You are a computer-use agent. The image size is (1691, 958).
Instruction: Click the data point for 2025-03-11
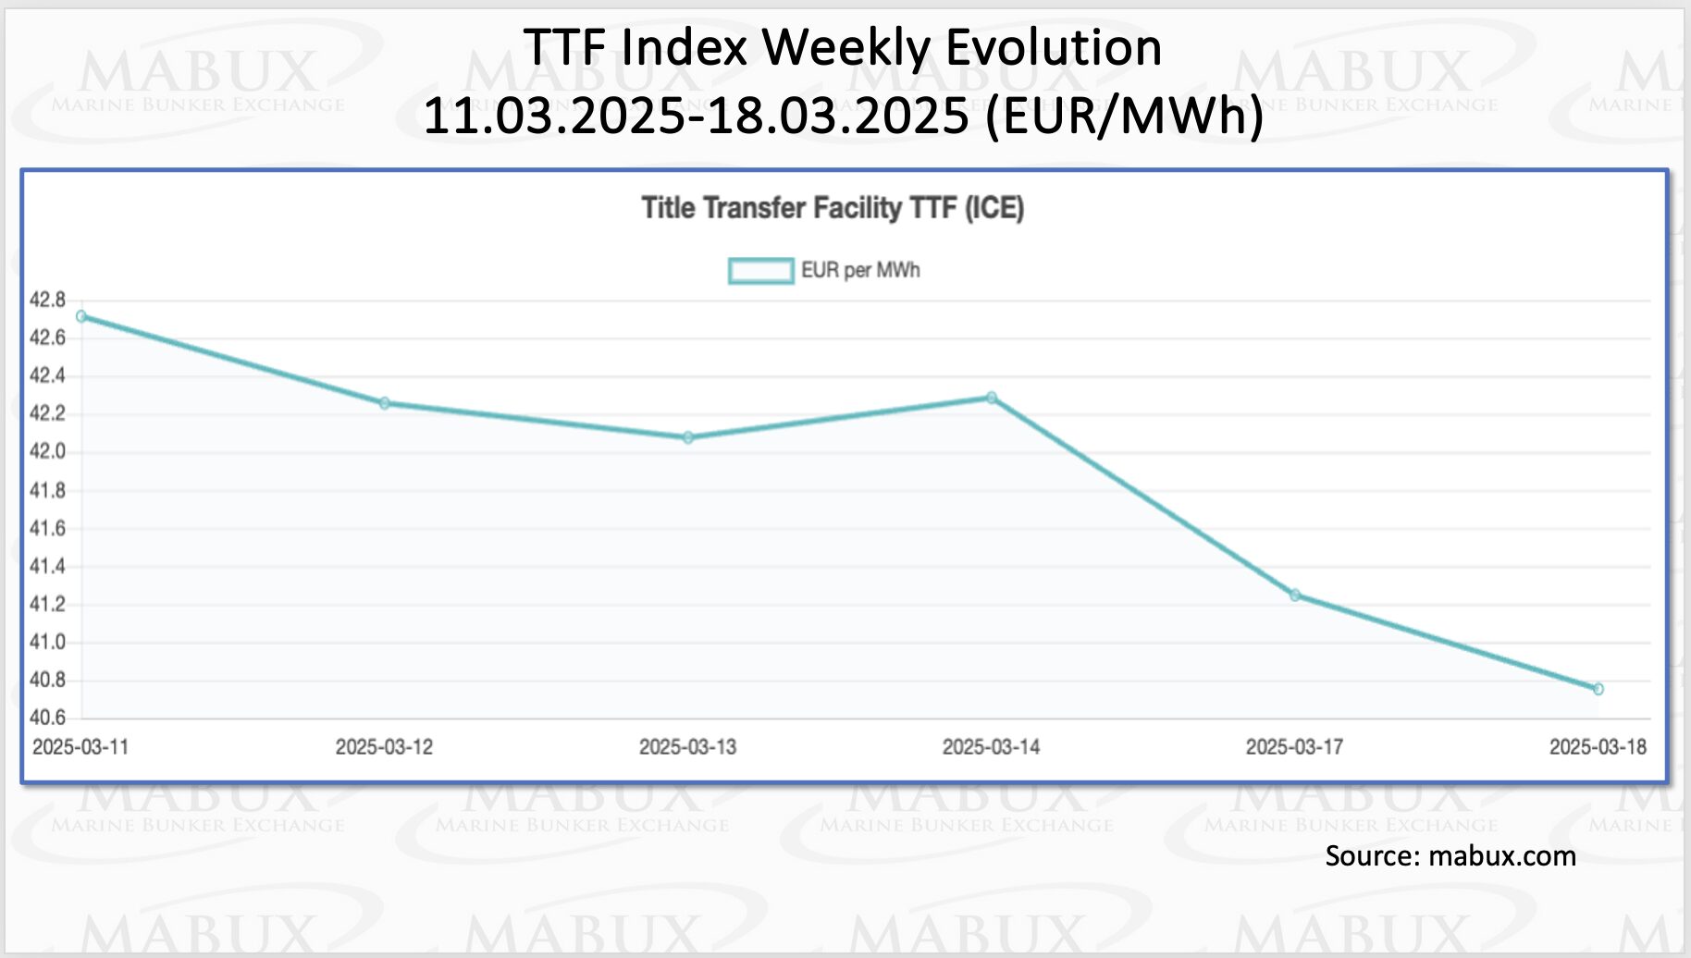81,316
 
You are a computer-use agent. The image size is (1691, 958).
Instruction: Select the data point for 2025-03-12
385,403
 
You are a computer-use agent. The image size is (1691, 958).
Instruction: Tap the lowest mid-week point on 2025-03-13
688,437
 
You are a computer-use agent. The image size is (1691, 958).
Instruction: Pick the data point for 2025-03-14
992,398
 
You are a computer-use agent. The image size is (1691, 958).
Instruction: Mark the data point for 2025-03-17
1295,596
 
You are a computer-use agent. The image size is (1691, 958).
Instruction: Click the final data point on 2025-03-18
1598,689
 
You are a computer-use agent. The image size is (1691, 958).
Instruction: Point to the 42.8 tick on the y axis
47,300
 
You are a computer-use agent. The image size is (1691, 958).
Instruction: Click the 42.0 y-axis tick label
47,451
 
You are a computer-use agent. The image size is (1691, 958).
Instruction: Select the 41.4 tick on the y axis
47,566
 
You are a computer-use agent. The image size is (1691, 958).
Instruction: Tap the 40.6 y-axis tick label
47,718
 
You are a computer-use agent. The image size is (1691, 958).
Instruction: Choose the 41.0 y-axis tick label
47,642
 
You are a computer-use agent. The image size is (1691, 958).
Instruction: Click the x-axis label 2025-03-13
687,747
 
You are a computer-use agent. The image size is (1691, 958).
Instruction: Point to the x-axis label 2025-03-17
1294,747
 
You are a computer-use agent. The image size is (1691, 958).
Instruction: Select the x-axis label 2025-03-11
80,747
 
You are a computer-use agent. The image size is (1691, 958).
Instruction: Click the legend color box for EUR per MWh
760,271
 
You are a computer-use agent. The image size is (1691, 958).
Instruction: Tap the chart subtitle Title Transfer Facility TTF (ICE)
833,208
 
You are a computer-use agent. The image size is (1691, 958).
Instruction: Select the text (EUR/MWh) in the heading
1124,116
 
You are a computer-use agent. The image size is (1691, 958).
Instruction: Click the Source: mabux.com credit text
1450,856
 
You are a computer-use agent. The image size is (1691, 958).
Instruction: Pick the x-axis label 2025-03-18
1598,747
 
